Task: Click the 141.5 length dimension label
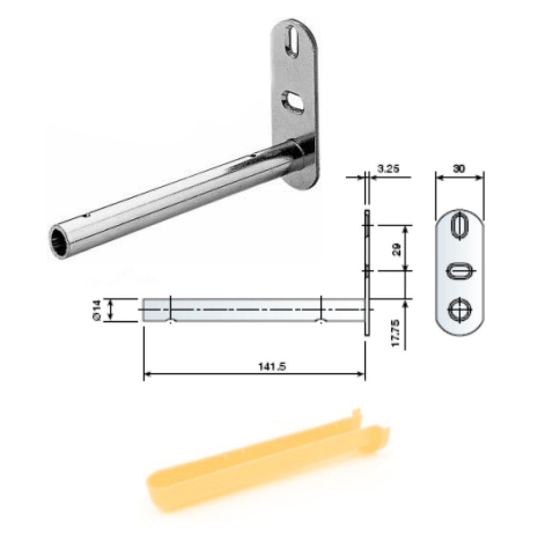272,366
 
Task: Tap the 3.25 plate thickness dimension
388,169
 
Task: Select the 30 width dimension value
459,169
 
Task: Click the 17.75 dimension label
395,333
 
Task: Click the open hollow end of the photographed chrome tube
60,241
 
